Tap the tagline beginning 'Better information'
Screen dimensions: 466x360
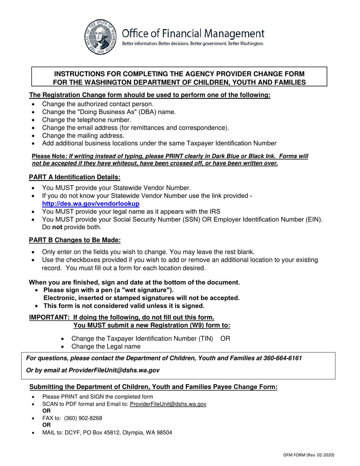[x=193, y=44]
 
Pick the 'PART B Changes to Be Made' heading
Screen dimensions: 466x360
[x=75, y=240]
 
